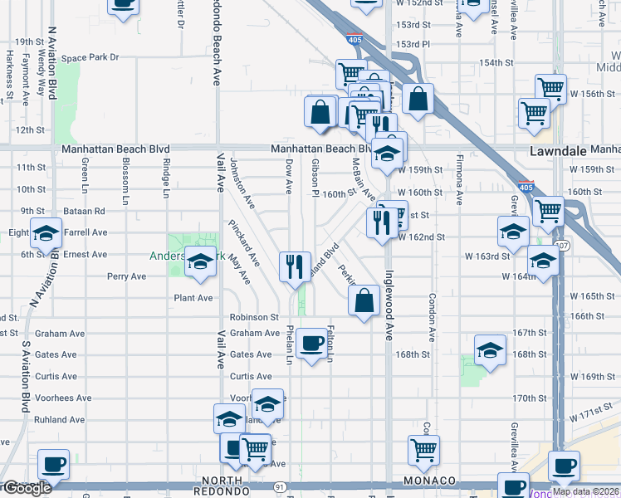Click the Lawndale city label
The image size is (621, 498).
coord(558,151)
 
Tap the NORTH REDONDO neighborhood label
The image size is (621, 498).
coord(222,481)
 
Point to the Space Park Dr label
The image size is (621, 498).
coord(90,57)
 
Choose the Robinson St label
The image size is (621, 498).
coord(254,317)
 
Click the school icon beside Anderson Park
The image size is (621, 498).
coord(200,261)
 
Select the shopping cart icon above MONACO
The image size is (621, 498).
coord(423,450)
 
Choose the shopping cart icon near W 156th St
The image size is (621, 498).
coord(551,87)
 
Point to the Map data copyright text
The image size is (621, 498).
coord(585,491)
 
